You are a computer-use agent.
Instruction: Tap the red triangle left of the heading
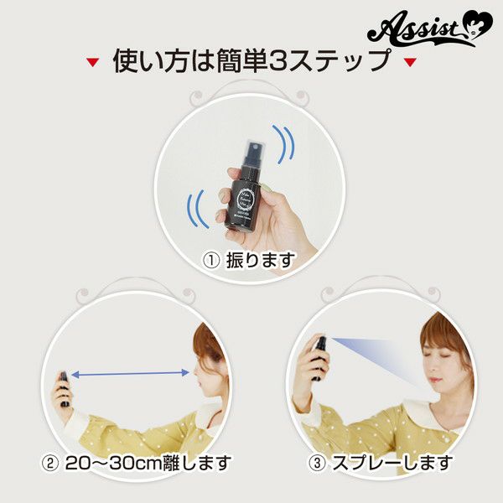coord(93,63)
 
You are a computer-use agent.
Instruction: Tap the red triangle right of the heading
coord(410,63)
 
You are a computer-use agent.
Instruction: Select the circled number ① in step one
coord(211,261)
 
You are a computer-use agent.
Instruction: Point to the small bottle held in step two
coord(62,387)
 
